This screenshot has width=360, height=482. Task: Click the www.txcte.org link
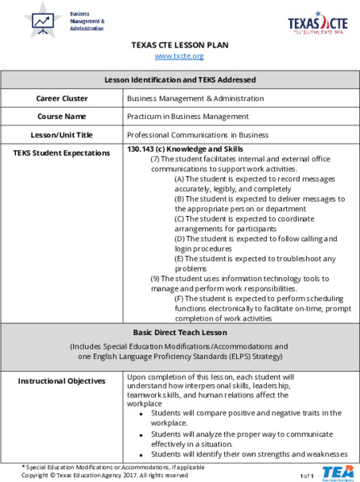[180, 56]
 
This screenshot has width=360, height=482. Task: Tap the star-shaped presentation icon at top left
[43, 21]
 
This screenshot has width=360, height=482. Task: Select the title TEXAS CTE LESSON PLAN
[180, 45]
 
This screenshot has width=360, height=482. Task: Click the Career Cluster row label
[62, 98]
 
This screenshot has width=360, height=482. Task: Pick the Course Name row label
[62, 116]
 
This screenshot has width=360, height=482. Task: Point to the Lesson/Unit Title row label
[62, 134]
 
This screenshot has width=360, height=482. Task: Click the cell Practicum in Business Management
[187, 116]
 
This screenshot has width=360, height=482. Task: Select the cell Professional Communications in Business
[198, 134]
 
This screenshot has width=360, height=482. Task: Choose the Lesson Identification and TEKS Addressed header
[180, 80]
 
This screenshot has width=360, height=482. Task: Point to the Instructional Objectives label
[62, 380]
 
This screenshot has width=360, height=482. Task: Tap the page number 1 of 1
[307, 476]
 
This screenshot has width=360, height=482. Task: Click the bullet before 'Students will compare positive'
[142, 415]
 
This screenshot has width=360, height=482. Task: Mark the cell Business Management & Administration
[195, 98]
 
